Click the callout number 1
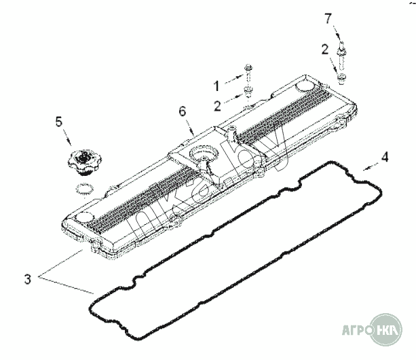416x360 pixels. [x=217, y=86]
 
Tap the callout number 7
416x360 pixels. [x=328, y=18]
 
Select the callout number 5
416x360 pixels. [x=58, y=122]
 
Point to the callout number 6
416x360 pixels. [x=181, y=110]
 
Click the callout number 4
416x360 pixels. [x=384, y=157]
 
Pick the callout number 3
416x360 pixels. [x=27, y=278]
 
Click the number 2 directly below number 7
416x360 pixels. [x=326, y=48]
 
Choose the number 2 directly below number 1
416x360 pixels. [x=217, y=105]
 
